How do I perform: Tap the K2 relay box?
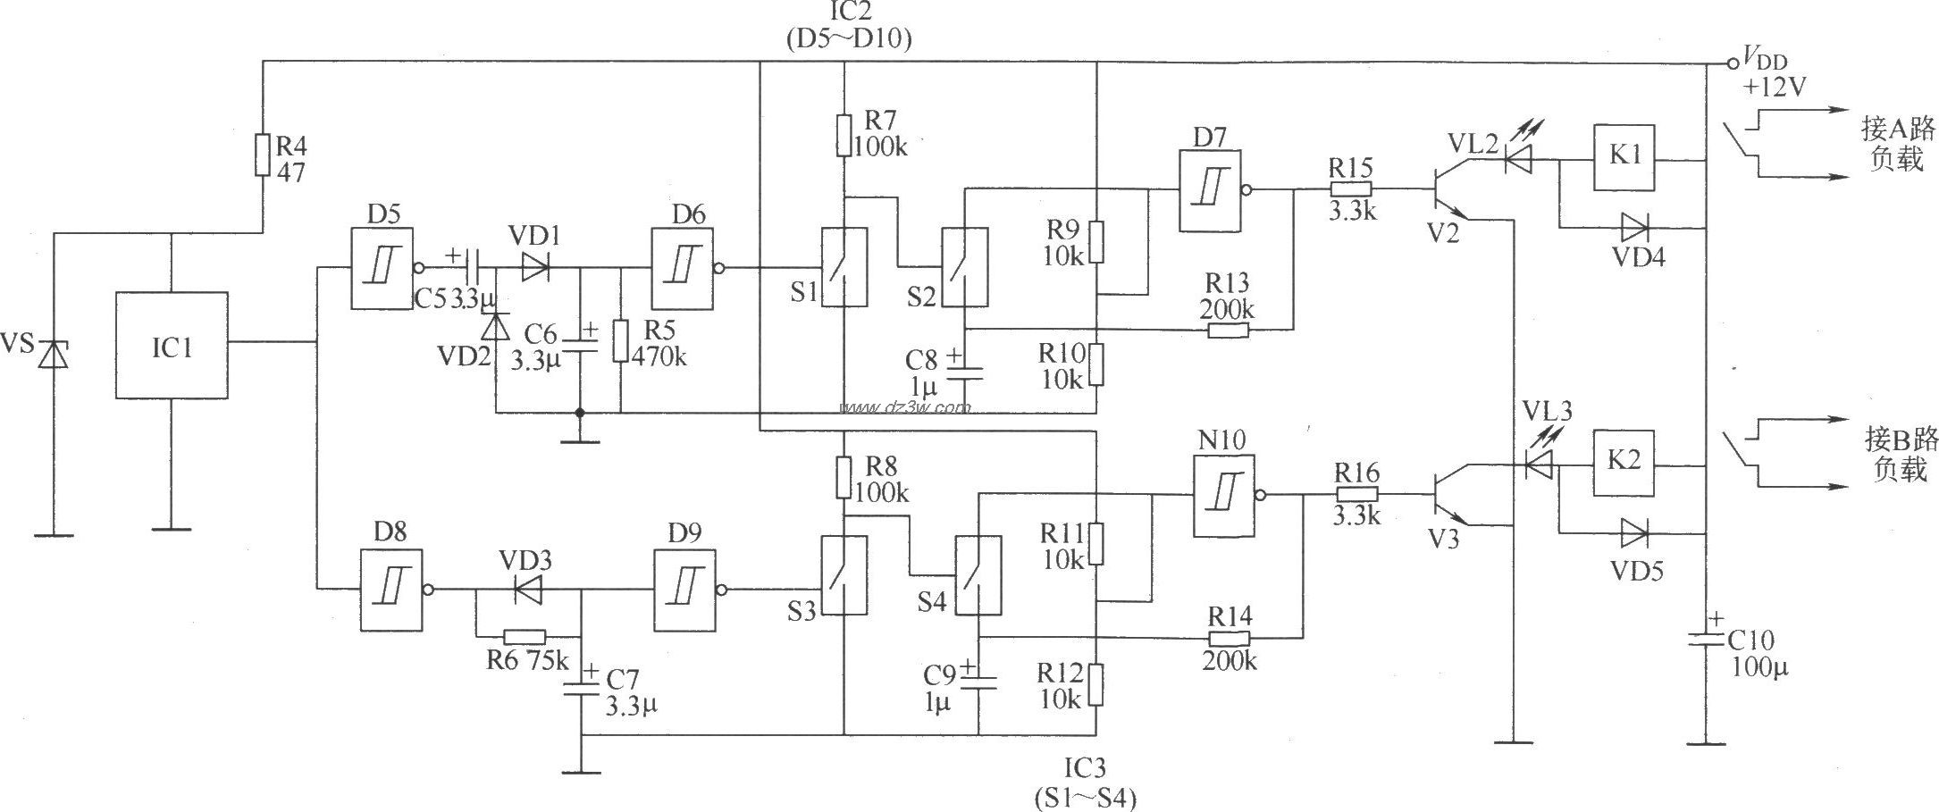1624,464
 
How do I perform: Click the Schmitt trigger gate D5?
382,267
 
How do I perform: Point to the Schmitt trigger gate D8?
391,590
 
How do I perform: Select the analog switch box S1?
844,267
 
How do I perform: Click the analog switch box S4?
978,575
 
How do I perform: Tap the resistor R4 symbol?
263,155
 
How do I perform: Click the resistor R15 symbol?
1350,189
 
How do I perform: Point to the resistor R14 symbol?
1229,638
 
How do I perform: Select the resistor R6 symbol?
525,637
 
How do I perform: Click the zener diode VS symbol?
55,355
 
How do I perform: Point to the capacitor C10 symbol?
1705,640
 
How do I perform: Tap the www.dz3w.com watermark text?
904,408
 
